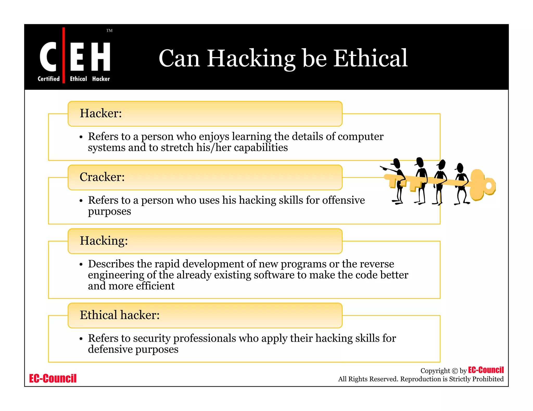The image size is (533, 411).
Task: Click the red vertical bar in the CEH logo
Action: [64, 55]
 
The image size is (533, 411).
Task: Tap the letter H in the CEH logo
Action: [100, 56]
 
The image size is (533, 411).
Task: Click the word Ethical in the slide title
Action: [370, 58]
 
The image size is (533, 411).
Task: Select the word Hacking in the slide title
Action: [251, 59]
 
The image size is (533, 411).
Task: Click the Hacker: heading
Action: [101, 113]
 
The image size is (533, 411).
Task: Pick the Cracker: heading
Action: [102, 177]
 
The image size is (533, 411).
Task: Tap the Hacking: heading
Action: [104, 241]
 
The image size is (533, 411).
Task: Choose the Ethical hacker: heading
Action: [119, 315]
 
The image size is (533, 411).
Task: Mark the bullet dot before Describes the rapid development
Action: [81, 264]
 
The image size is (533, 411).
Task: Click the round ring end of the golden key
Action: [488, 185]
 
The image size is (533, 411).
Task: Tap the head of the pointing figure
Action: [397, 163]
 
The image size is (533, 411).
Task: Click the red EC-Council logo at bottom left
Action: [53, 378]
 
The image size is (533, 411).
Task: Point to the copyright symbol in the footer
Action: [455, 371]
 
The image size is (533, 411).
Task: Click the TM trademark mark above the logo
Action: [109, 31]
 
